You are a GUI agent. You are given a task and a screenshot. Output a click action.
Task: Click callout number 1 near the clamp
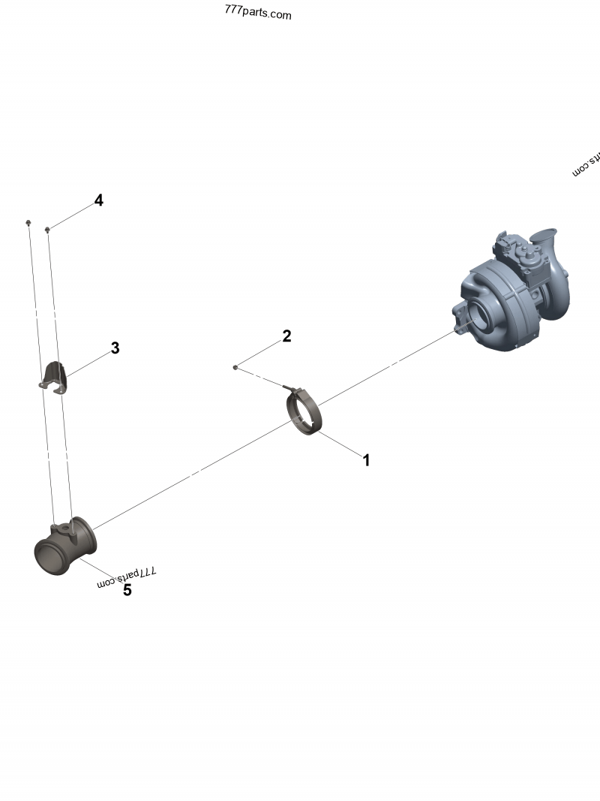366,460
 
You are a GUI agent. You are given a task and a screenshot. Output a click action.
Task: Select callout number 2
286,336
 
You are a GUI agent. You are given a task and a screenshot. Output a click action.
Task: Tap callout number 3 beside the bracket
115,348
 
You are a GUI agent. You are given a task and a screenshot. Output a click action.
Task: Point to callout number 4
98,200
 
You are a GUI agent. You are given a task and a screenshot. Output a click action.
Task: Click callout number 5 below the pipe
127,590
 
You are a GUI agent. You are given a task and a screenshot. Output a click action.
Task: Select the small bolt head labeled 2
235,367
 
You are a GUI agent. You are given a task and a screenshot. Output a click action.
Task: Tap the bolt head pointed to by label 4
48,229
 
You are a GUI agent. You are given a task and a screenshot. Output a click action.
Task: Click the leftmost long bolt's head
28,222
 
